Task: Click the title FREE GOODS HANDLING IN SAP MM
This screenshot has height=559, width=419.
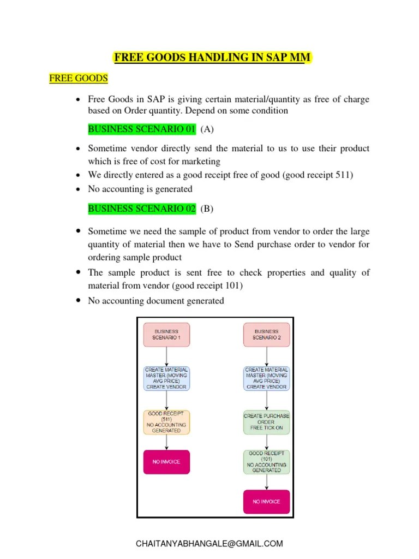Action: click(x=212, y=57)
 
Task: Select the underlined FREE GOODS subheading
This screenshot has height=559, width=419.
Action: click(x=79, y=78)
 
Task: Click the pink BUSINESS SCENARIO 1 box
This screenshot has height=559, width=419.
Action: click(x=166, y=335)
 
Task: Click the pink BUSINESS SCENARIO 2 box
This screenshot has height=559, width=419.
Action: click(x=266, y=335)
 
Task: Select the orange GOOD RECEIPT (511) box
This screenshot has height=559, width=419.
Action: click(x=166, y=423)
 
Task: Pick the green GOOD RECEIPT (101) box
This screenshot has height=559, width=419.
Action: click(x=266, y=462)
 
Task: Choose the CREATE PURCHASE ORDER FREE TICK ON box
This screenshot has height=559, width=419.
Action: click(x=266, y=422)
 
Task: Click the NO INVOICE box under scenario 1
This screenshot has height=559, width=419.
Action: click(x=166, y=462)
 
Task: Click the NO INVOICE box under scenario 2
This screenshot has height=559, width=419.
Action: click(x=266, y=502)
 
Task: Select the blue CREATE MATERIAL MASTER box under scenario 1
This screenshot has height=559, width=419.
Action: click(x=166, y=378)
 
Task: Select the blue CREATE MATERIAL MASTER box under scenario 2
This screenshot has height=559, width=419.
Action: click(x=266, y=378)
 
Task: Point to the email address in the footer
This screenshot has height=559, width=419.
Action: click(x=209, y=543)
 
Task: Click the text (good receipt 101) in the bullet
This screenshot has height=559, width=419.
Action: click(x=202, y=286)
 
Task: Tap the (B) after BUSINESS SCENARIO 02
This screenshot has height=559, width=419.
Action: click(x=207, y=209)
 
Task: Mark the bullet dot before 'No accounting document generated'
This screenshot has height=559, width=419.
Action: click(x=79, y=301)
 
